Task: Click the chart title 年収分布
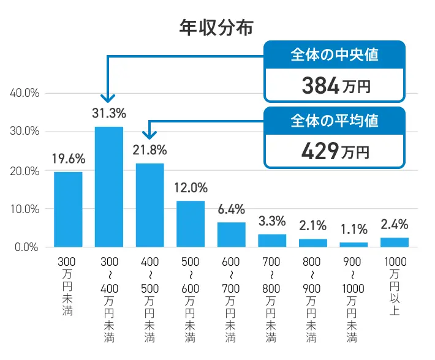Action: pos(216,28)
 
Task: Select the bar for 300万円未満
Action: pos(68,209)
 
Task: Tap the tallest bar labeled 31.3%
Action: pos(108,187)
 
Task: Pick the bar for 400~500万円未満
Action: pos(149,205)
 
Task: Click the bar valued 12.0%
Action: pos(191,223)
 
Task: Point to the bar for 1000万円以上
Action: pos(395,242)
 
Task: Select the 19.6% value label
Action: pos(68,159)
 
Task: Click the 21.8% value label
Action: pos(149,150)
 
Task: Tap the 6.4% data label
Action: pos(231,209)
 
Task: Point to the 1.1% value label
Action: pos(354,230)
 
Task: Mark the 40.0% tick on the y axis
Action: pos(25,93)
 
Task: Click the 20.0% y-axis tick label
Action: pos(25,170)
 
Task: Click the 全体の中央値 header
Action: pos(334,54)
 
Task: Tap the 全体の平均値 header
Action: pos(334,121)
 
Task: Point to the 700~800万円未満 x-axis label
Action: pos(271,300)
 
